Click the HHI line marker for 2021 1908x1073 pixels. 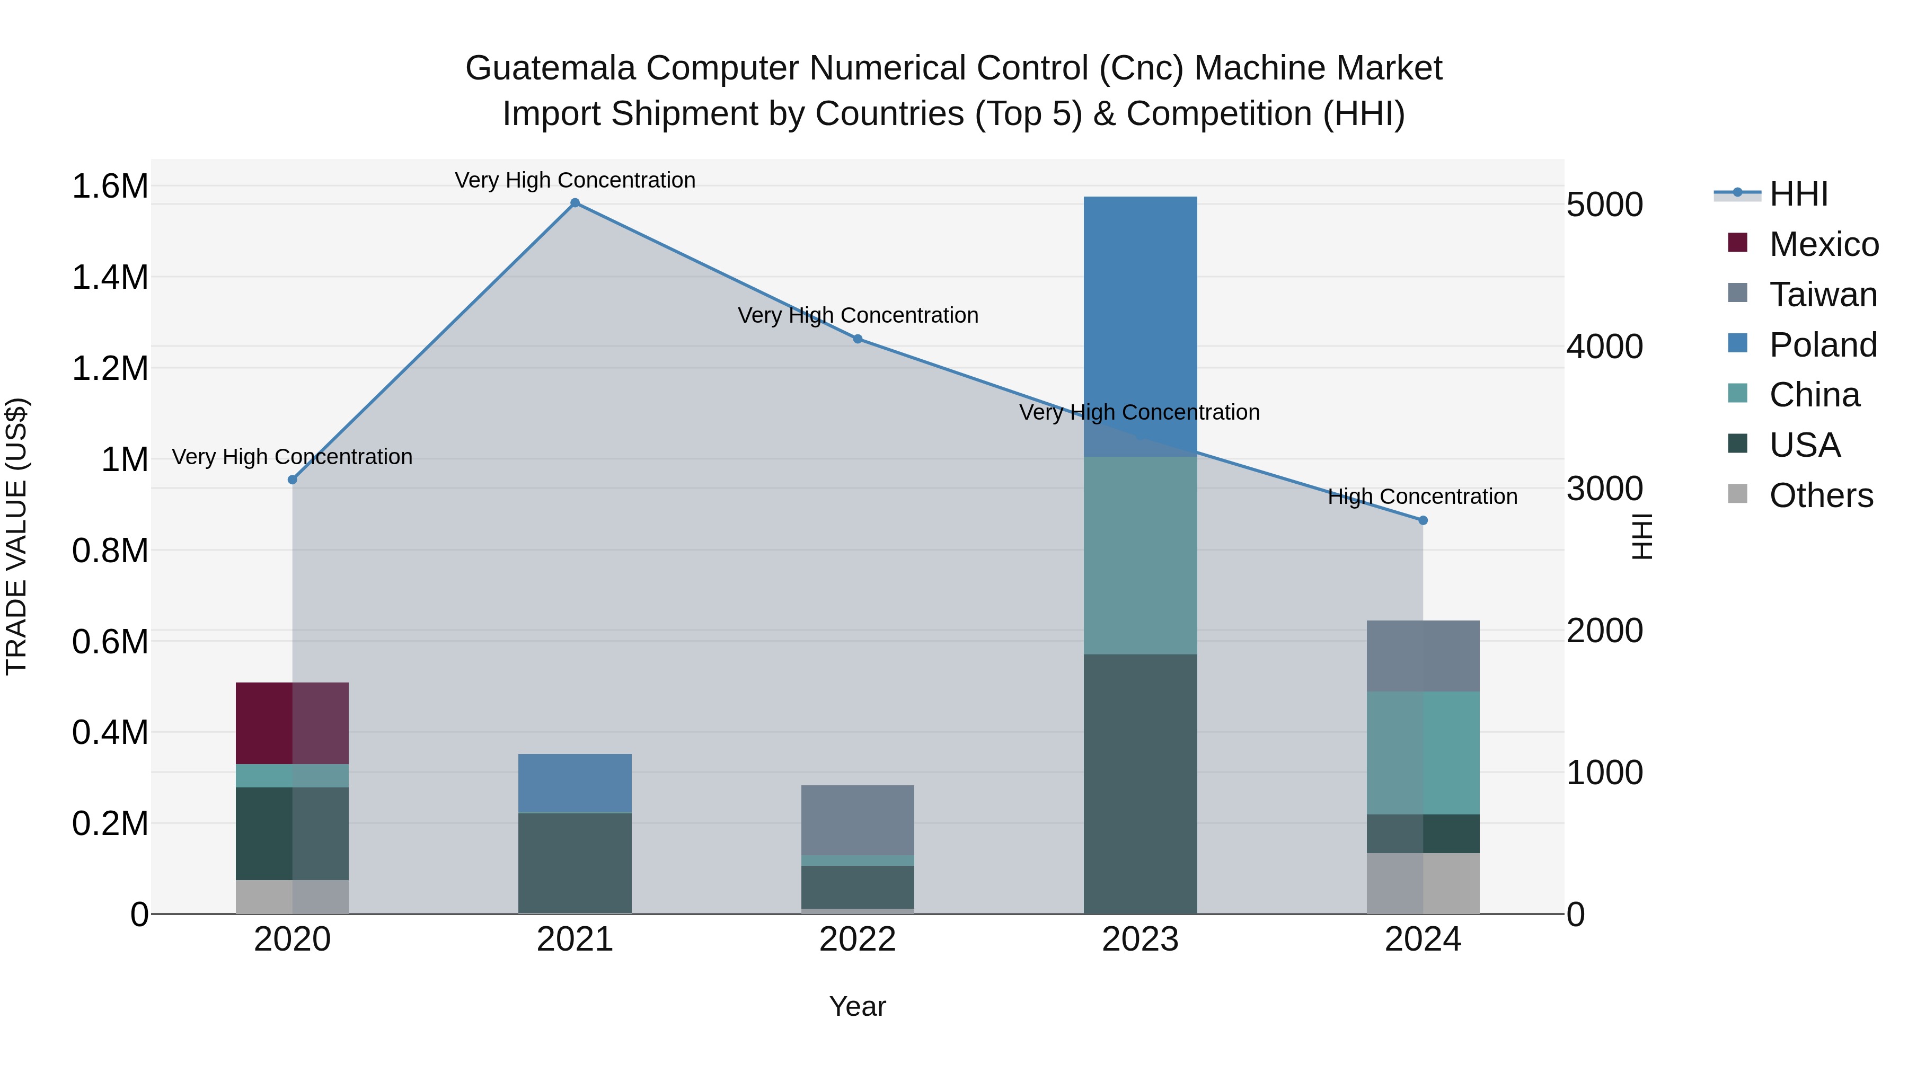[x=575, y=203]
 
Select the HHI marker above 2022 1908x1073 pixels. [x=858, y=339]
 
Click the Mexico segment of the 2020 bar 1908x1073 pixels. [x=292, y=723]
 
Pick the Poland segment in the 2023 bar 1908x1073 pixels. [x=1140, y=326]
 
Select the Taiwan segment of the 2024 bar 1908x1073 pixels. [x=1423, y=655]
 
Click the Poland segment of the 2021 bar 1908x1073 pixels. [x=575, y=783]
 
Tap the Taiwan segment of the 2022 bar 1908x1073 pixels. [x=858, y=820]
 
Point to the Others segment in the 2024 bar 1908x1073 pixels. [x=1423, y=883]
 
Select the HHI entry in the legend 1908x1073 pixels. [x=1798, y=194]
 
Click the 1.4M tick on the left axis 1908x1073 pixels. [x=110, y=278]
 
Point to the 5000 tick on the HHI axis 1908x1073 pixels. [x=1604, y=205]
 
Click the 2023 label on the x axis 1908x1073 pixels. [x=1140, y=939]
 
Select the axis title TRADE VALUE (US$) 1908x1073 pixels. [x=16, y=536]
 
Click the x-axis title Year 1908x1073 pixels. [x=858, y=1006]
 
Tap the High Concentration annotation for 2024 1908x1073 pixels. [x=1422, y=496]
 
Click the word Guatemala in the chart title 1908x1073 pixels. [x=550, y=68]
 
